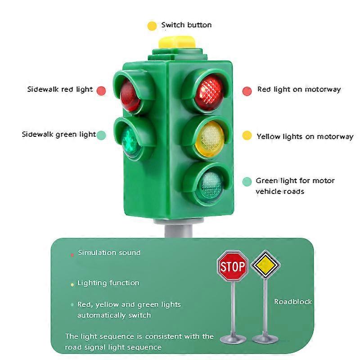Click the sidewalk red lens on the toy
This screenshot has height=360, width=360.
pyautogui.click(x=130, y=95)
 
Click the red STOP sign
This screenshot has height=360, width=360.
pyautogui.click(x=233, y=267)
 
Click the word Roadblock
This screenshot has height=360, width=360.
pyautogui.click(x=293, y=301)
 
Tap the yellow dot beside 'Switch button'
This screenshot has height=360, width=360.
pyautogui.click(x=152, y=26)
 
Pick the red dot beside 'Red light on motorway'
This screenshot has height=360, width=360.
pyautogui.click(x=247, y=90)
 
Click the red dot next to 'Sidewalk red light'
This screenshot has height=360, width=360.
pyautogui.click(x=101, y=90)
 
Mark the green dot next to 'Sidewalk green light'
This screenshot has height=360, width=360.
pyautogui.click(x=101, y=135)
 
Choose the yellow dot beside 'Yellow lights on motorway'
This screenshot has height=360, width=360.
pyautogui.click(x=247, y=136)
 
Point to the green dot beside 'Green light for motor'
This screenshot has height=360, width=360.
pyautogui.click(x=247, y=181)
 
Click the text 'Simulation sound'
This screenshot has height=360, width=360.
pyautogui.click(x=109, y=253)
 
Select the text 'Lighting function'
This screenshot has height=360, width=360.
pyautogui.click(x=108, y=283)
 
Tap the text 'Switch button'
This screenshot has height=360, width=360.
pyautogui.click(x=186, y=25)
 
